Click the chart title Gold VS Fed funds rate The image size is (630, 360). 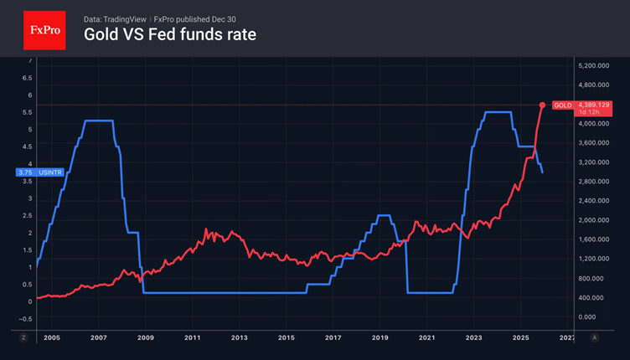click(169, 35)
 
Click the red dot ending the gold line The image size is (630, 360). click(542, 105)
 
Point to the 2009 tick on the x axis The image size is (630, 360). click(146, 337)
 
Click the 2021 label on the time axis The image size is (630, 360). click(426, 337)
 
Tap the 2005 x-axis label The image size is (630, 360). click(52, 337)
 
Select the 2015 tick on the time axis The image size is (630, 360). click(286, 337)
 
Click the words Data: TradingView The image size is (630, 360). click(116, 18)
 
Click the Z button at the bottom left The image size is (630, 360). click(23, 337)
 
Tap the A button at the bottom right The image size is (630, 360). click(594, 337)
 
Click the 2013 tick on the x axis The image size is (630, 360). click(239, 337)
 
